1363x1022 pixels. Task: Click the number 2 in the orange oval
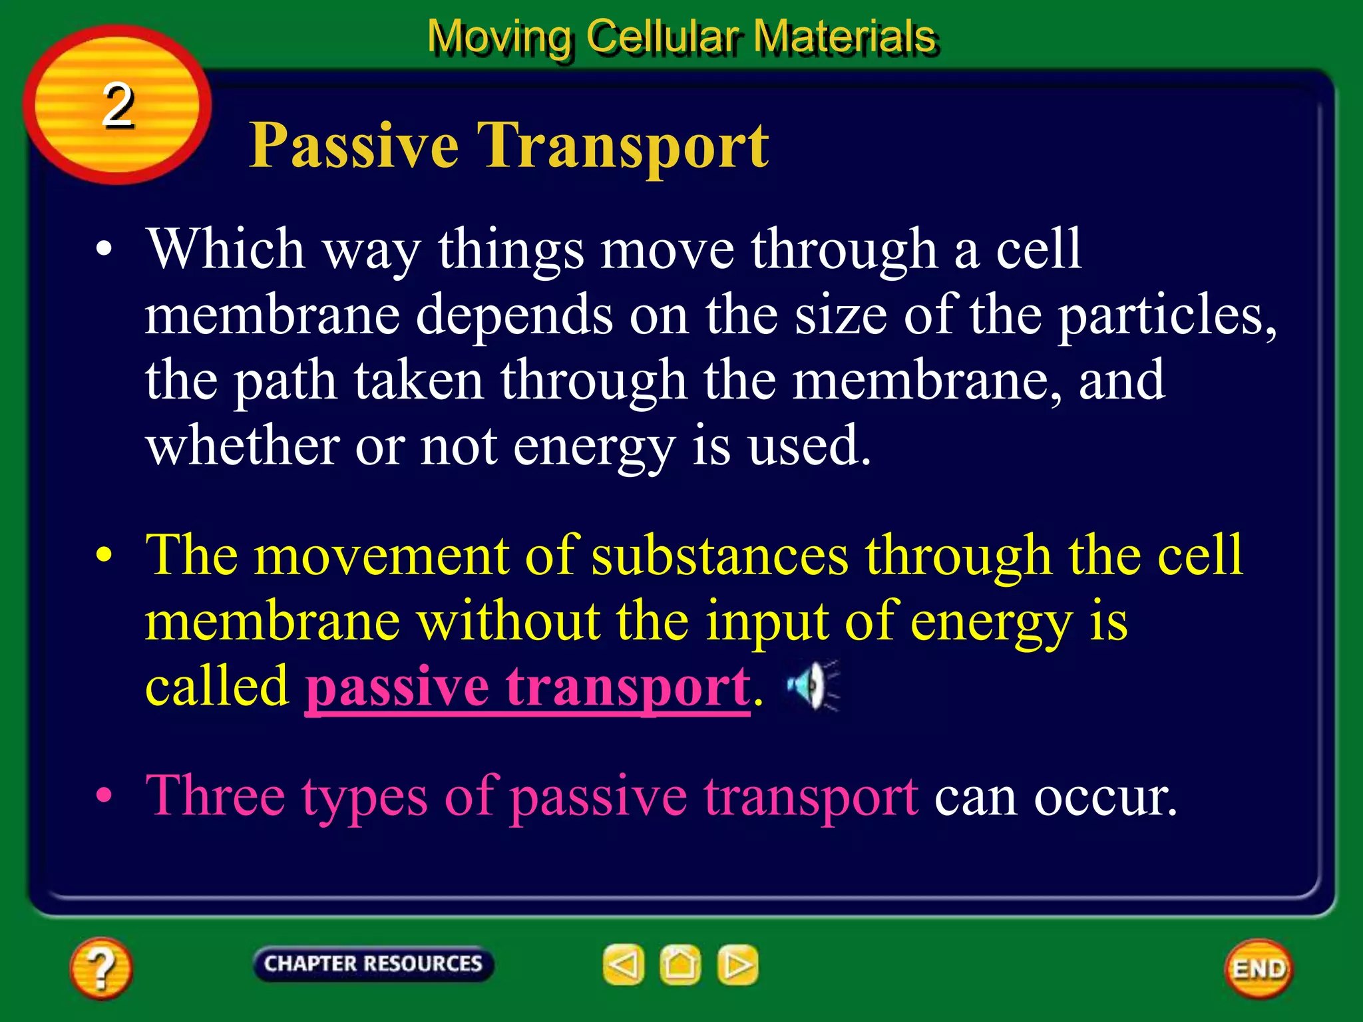pyautogui.click(x=118, y=105)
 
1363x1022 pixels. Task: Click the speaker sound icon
pyautogui.click(x=811, y=686)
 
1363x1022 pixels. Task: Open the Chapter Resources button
pyautogui.click(x=373, y=963)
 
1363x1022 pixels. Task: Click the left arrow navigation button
pyautogui.click(x=624, y=965)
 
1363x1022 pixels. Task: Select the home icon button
pyautogui.click(x=680, y=965)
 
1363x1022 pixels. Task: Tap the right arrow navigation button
pyautogui.click(x=737, y=965)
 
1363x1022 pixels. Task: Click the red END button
pyautogui.click(x=1258, y=969)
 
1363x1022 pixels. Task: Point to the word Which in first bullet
pyautogui.click(x=225, y=249)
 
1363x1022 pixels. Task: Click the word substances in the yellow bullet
pyautogui.click(x=719, y=556)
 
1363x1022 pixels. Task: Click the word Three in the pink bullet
pyautogui.click(x=214, y=796)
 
